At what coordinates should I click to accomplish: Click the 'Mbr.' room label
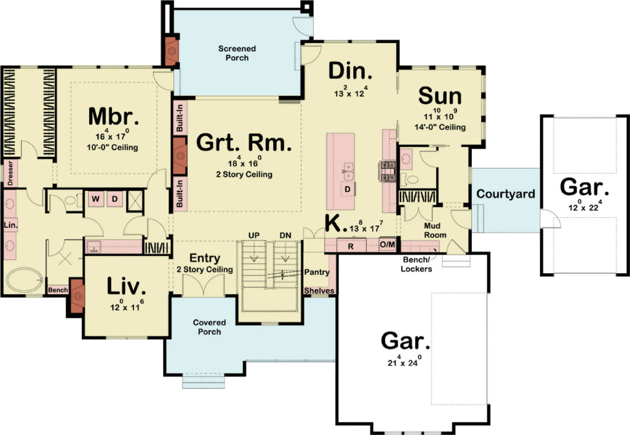tap(113, 116)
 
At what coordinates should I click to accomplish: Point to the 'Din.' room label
tap(351, 71)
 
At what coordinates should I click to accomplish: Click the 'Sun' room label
tap(440, 96)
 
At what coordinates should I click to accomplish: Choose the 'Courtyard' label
tap(506, 194)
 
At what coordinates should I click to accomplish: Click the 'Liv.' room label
tap(126, 286)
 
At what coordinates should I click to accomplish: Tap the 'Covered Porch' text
tap(209, 327)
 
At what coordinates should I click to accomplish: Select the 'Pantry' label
tap(317, 272)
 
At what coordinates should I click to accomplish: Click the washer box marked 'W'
tap(96, 199)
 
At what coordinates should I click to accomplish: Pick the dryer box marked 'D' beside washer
tap(115, 199)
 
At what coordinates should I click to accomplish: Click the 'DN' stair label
tap(285, 235)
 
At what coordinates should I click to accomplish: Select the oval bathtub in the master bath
tap(25, 280)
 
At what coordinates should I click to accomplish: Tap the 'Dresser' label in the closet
tap(10, 174)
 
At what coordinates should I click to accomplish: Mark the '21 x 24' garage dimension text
tap(404, 361)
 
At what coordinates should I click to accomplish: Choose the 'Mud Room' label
tap(435, 229)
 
